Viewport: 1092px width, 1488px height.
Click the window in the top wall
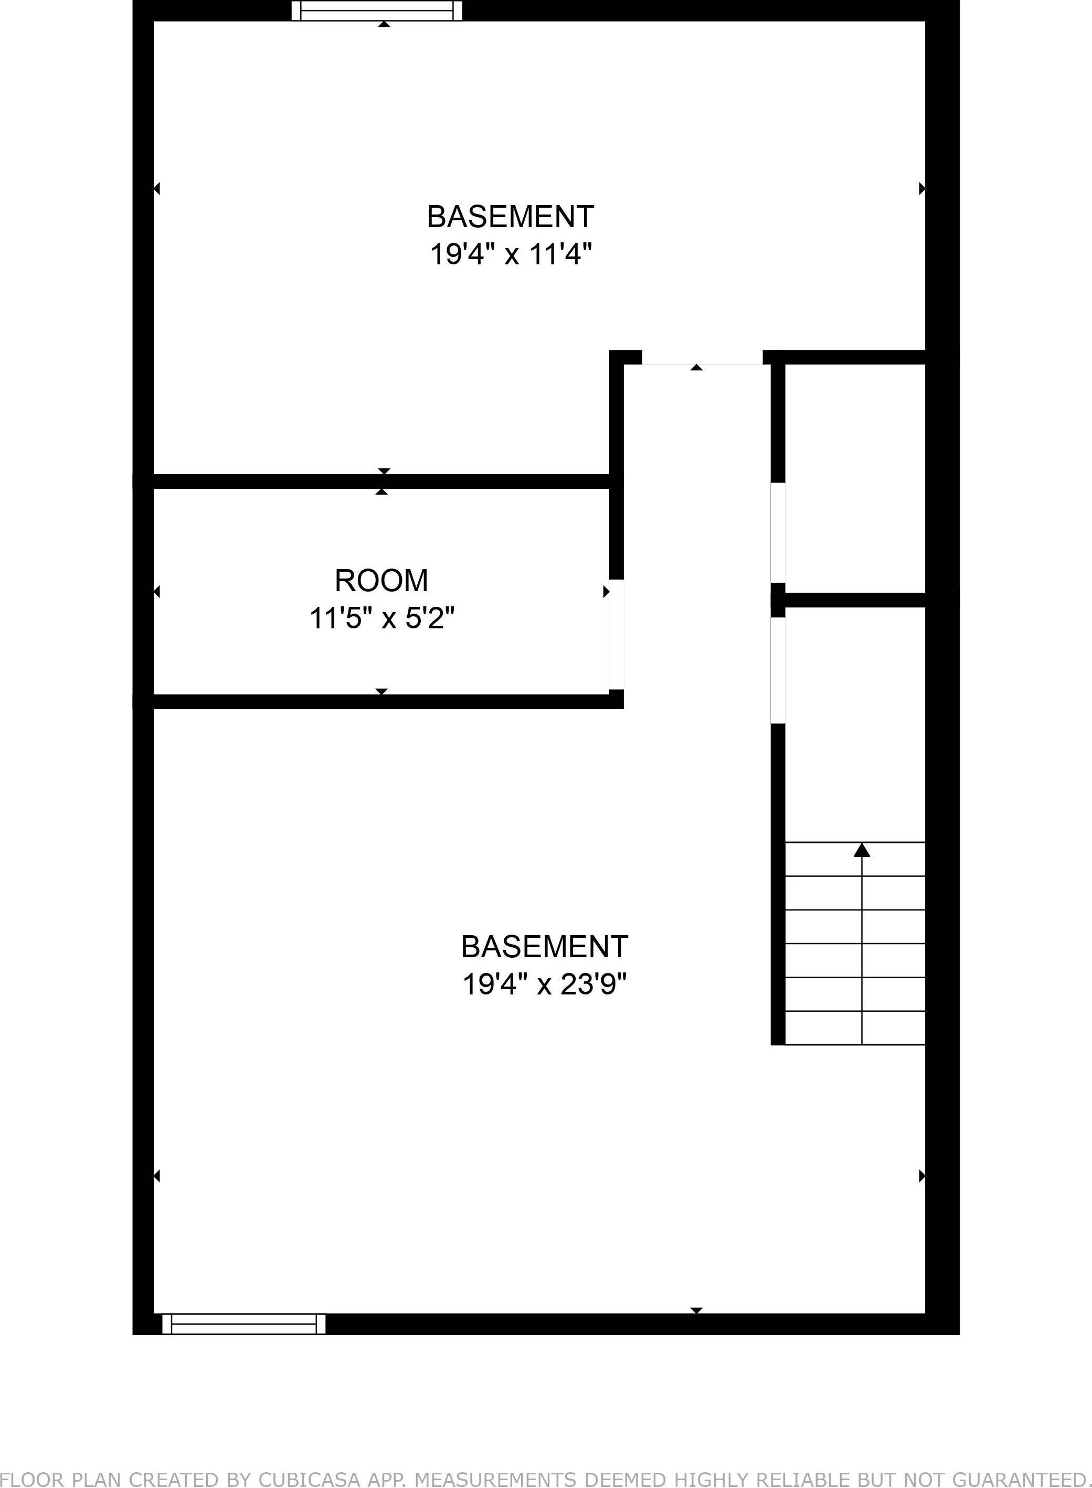377,10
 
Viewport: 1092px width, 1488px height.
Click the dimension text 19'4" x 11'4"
510,254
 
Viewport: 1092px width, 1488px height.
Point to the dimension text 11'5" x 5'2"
382,619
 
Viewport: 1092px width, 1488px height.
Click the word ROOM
381,581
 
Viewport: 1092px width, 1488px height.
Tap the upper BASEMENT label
510,217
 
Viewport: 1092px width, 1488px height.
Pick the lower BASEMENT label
544,947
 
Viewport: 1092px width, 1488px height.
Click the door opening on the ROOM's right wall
616,634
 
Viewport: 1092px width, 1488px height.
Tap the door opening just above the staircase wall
778,670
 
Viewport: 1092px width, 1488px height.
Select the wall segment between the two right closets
854,600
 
